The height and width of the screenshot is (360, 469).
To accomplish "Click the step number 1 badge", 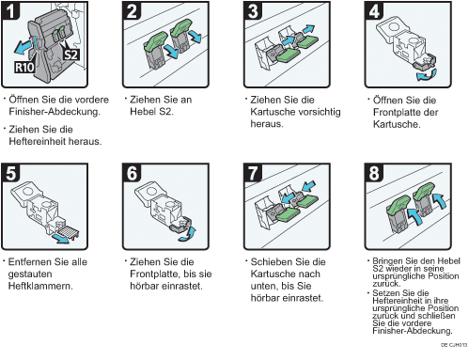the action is pos(10,10).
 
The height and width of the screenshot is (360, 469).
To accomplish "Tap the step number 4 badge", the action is pos(373,10).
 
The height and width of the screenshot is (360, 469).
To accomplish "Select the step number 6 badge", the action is pos(132,172).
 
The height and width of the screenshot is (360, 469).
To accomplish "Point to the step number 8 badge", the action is pos(373,172).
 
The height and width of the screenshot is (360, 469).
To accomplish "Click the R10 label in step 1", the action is pos(24,67).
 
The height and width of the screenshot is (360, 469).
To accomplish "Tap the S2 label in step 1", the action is pos(71,55).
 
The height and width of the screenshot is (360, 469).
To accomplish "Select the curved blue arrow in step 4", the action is pos(427,76).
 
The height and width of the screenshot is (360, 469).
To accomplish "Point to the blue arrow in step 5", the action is pos(61,238).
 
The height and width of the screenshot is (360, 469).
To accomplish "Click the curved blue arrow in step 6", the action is pos(188,234).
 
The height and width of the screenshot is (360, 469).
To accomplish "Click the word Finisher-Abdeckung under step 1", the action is pos(55,112).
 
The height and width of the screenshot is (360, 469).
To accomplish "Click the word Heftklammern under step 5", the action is pos(40,286).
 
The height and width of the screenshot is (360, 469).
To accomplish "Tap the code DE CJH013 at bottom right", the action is pos(454,345).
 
